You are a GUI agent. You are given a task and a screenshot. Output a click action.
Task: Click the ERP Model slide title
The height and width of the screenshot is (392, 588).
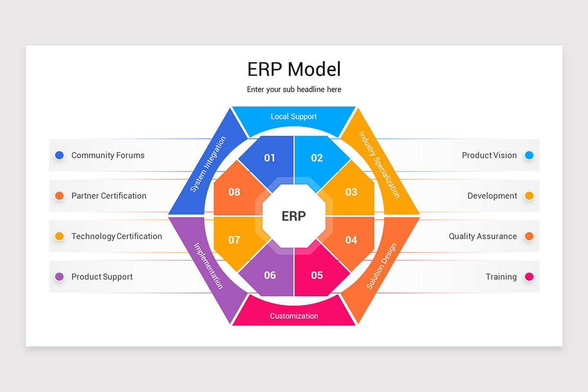294,69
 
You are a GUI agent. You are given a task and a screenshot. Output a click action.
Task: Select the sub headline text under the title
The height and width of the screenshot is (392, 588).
294,90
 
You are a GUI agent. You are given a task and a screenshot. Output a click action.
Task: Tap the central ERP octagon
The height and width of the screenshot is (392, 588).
294,216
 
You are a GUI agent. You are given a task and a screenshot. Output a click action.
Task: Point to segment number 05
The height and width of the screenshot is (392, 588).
317,275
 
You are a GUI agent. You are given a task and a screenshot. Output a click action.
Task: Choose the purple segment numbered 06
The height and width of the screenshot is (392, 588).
270,275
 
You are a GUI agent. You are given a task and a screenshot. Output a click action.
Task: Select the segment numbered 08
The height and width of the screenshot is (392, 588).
234,192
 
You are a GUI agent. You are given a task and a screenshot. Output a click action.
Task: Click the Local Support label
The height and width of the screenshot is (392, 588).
294,117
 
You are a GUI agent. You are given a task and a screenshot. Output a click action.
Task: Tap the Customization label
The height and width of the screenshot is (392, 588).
294,316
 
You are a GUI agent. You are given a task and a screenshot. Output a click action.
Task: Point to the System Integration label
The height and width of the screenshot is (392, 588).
208,164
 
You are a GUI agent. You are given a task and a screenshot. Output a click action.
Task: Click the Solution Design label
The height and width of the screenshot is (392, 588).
381,266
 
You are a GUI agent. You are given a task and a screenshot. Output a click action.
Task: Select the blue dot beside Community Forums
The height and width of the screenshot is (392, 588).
59,155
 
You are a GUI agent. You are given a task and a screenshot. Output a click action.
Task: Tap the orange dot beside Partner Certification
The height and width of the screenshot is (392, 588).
59,196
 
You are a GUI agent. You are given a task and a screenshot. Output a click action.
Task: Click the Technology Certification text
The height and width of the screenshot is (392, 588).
117,236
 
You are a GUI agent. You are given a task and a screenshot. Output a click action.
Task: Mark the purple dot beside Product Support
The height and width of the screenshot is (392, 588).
59,277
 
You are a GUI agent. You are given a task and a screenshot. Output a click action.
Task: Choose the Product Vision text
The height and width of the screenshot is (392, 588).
489,155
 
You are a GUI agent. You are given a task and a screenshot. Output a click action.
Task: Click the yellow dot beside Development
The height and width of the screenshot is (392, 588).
529,196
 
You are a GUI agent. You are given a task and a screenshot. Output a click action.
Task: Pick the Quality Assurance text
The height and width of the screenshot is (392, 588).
483,236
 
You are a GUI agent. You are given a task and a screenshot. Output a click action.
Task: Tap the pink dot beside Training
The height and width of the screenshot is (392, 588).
529,277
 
